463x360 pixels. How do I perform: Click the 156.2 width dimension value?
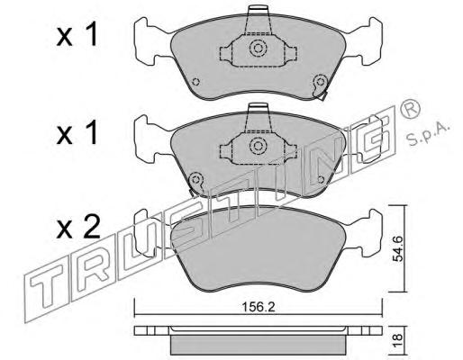click(259, 307)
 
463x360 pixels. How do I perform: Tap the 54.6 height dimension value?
click(398, 248)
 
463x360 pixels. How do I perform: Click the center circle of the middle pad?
click(258, 146)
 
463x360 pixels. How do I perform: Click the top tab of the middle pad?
click(258, 108)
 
